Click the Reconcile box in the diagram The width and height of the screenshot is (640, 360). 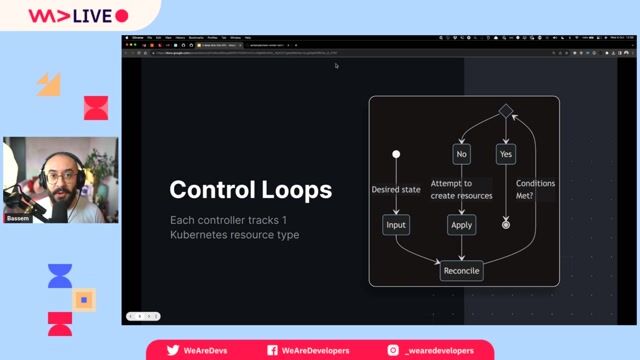[462, 271]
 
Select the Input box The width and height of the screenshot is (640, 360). [397, 225]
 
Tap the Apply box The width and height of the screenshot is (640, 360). [461, 225]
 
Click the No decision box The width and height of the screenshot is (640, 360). [461, 154]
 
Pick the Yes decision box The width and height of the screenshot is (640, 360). [506, 154]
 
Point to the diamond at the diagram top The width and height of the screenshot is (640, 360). [506, 110]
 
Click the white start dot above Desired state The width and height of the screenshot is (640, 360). [396, 154]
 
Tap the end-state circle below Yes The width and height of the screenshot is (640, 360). [506, 225]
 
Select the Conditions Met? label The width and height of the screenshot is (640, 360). [535, 190]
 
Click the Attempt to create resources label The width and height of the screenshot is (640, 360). [461, 190]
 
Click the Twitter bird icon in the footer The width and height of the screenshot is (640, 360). [173, 351]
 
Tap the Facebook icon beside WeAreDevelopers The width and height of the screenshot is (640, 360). [273, 351]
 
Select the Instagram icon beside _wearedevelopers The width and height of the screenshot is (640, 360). [394, 351]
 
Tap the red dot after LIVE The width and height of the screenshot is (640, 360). [122, 16]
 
